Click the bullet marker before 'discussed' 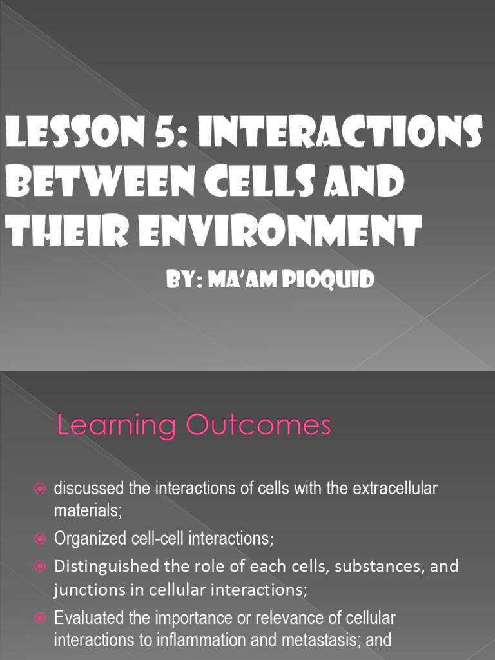(40, 490)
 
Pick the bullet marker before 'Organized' (40, 538)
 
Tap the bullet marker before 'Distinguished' (40, 567)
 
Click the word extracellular (395, 489)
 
